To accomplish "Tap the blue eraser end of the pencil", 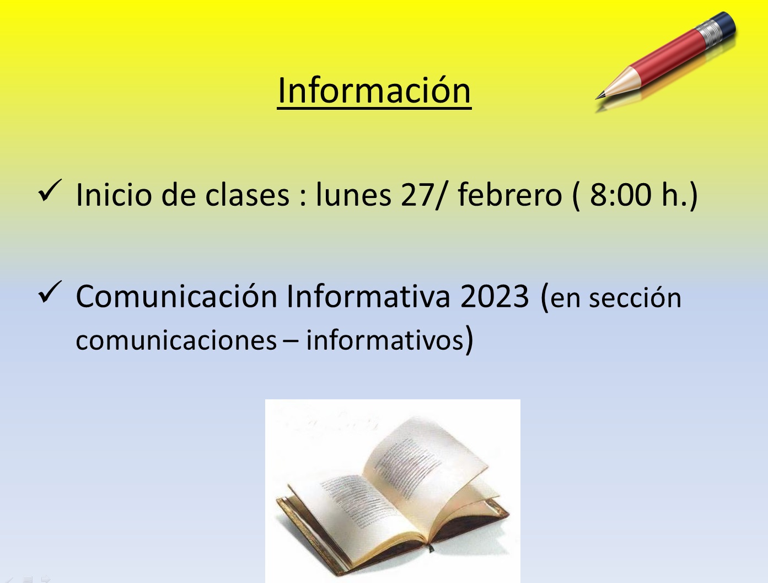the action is pyautogui.click(x=725, y=24).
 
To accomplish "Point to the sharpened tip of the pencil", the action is pyautogui.click(x=597, y=98).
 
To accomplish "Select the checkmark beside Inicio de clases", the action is pyautogui.click(x=50, y=190).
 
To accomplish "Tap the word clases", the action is pyautogui.click(x=248, y=194).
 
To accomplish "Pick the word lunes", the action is pyautogui.click(x=354, y=194).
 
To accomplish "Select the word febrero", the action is pyautogui.click(x=510, y=194).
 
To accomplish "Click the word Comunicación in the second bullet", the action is pyautogui.click(x=176, y=296).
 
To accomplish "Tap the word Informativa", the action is pyautogui.click(x=368, y=296).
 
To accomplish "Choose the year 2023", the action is pyautogui.click(x=495, y=296).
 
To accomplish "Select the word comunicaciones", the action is pyautogui.click(x=176, y=340).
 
